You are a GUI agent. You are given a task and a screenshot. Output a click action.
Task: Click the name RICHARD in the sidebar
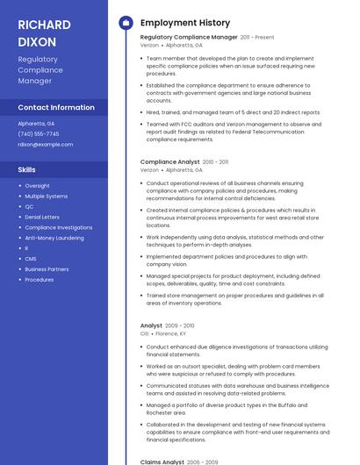point(43,24)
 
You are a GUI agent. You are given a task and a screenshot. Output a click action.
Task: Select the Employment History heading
point(184,23)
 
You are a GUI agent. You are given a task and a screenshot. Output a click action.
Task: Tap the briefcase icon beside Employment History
point(126,23)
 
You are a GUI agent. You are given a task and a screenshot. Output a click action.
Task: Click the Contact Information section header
point(56,107)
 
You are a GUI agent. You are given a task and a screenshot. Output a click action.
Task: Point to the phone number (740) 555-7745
point(39,133)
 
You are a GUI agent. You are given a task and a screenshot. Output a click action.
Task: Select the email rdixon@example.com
point(45,144)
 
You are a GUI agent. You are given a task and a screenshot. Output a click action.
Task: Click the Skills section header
point(27,169)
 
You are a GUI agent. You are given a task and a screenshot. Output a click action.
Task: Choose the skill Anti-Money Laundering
point(54,238)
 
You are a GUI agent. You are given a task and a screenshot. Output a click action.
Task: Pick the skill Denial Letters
point(42,217)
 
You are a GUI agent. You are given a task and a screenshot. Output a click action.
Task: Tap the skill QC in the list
point(29,206)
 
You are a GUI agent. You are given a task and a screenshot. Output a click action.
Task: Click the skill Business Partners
point(47,269)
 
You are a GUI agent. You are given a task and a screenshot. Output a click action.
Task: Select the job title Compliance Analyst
point(169,161)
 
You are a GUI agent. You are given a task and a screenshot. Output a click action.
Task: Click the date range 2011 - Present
point(257,38)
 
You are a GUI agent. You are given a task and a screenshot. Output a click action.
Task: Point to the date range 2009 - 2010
point(180,325)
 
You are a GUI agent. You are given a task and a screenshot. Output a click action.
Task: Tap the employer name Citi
point(144,333)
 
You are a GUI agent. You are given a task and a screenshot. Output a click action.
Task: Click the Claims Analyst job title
point(162,461)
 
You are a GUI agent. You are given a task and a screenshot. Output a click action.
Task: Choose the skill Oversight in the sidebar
point(37,185)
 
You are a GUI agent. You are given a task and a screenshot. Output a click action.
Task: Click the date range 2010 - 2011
point(215,161)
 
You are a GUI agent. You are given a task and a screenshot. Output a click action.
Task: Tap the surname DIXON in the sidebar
point(37,41)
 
